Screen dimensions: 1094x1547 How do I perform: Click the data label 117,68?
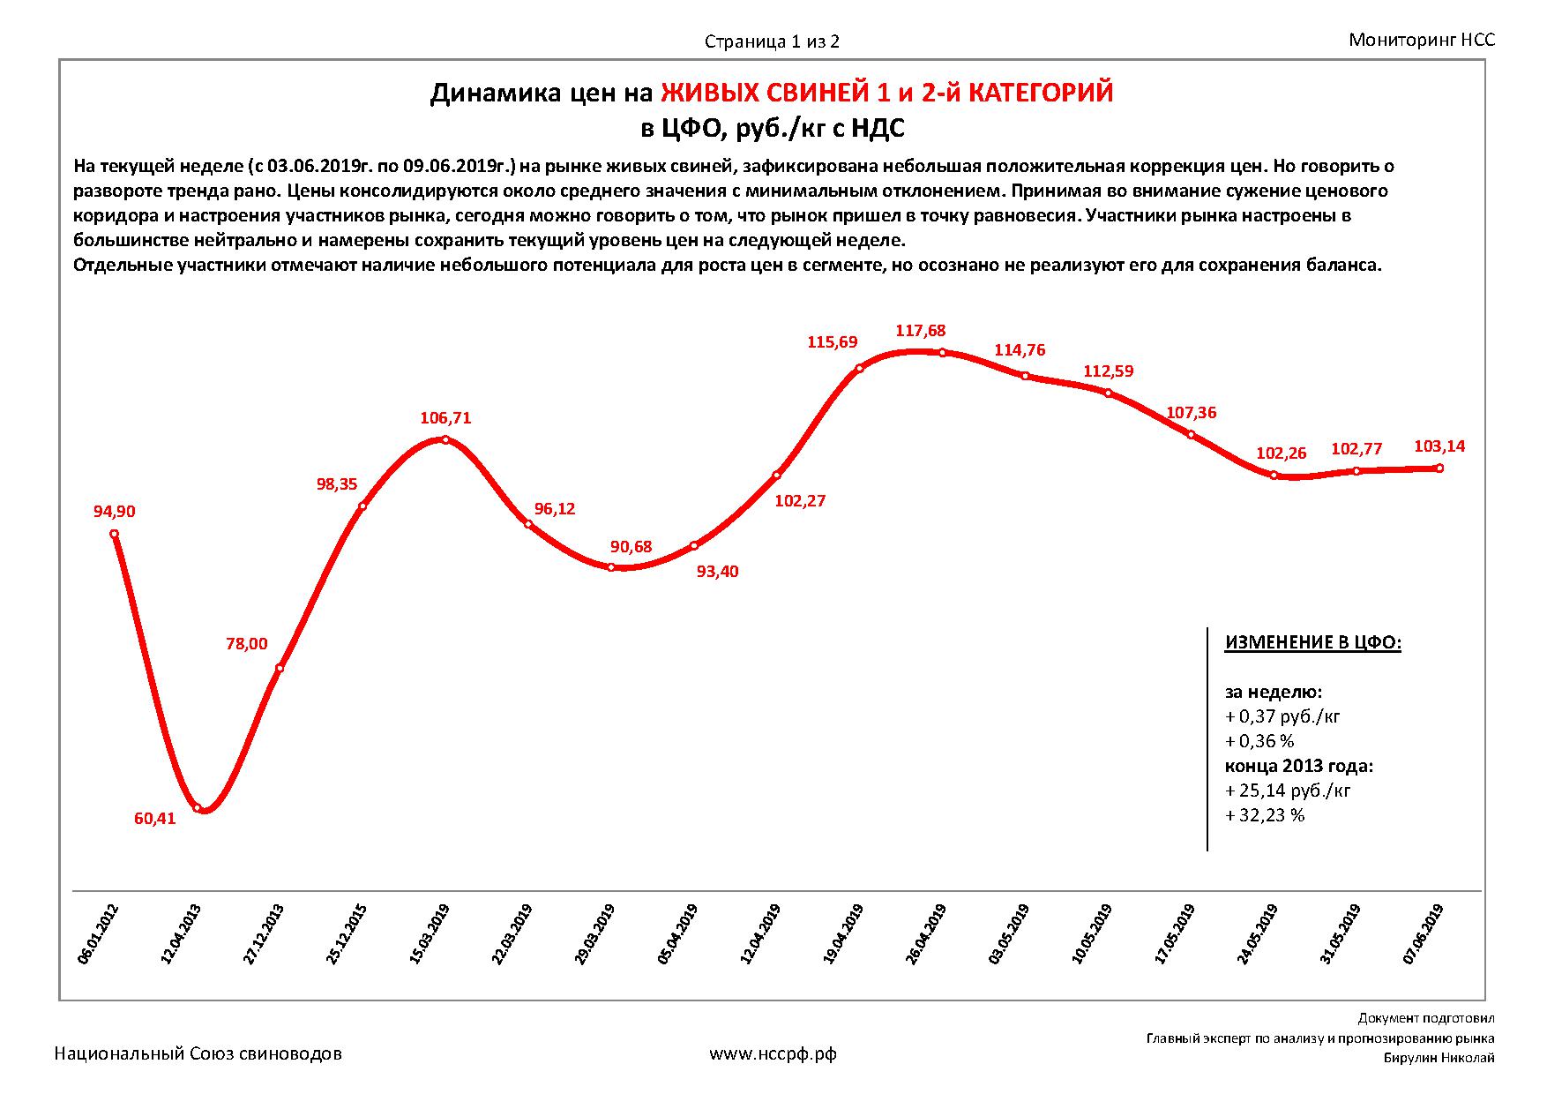tap(920, 331)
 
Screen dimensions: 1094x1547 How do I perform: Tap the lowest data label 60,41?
tap(155, 819)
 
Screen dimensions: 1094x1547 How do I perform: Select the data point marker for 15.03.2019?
tap(445, 440)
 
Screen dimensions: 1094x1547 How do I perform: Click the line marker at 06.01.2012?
tap(115, 534)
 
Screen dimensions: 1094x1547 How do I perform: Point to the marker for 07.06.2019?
tap(1439, 468)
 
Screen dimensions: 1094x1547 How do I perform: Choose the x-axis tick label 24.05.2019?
tap(1259, 934)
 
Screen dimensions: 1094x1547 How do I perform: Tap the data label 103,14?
tap(1439, 446)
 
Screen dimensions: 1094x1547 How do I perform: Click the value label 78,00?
tap(247, 644)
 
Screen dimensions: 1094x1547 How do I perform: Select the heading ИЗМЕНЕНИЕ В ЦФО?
tap(1312, 642)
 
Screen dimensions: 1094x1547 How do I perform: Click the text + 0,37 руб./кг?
tap(1282, 716)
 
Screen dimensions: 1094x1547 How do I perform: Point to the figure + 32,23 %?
tap(1265, 815)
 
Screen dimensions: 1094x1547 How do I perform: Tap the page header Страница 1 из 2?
tap(772, 41)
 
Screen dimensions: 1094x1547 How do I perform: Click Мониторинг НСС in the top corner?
tap(1422, 40)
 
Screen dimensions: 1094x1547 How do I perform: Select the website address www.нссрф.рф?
tap(773, 1053)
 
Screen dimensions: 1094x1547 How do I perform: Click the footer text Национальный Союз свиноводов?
tap(198, 1053)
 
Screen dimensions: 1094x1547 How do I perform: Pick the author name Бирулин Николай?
tap(1439, 1059)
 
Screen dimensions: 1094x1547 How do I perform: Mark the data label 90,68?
tap(631, 547)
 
